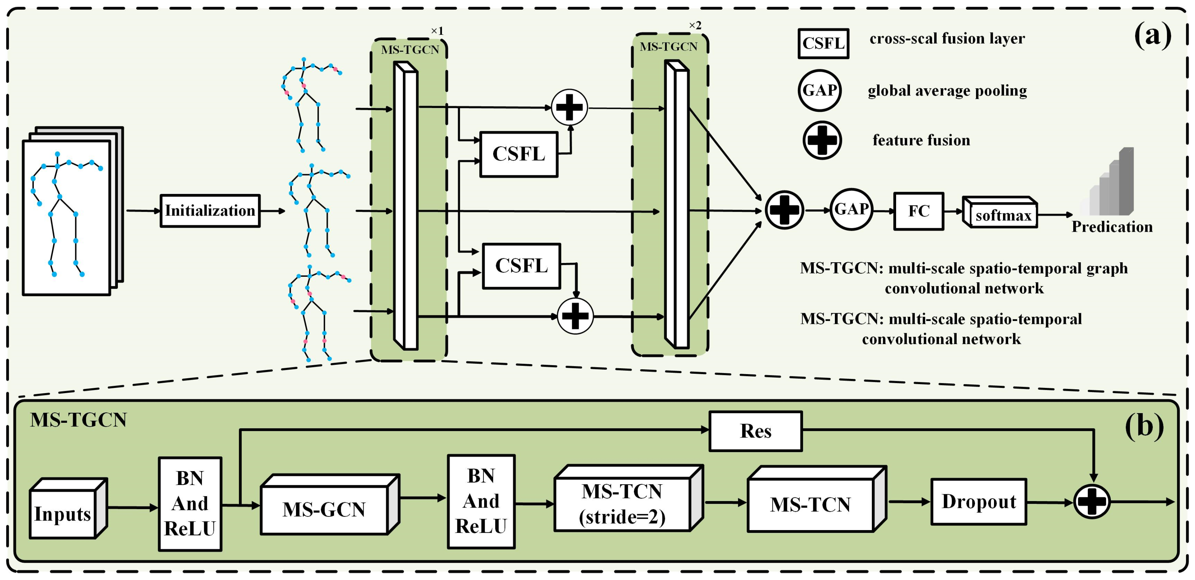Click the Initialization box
point(210,211)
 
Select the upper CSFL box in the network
point(519,154)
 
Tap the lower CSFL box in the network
point(521,266)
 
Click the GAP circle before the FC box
point(851,210)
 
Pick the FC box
point(919,211)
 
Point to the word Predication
point(1112,227)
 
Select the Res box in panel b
point(755,431)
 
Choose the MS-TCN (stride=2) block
point(622,504)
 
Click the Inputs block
point(62,514)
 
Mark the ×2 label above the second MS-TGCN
point(694,25)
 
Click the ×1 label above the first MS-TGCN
point(437,31)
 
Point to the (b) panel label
point(1144,426)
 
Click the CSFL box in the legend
point(823,43)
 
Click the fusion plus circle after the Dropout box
point(1092,502)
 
